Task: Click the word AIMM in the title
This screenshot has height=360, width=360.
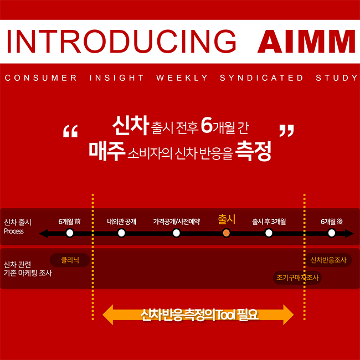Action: (x=306, y=42)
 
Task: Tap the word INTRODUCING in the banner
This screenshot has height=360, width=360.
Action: (x=122, y=42)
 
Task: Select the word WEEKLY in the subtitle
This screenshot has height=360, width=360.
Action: (x=182, y=78)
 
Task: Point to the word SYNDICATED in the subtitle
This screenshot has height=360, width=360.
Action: (x=261, y=78)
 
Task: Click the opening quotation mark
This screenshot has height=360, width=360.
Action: (x=70, y=131)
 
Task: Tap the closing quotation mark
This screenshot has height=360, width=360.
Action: (x=286, y=131)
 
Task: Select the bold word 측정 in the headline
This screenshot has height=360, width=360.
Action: (x=254, y=151)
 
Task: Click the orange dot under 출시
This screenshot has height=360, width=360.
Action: (x=226, y=233)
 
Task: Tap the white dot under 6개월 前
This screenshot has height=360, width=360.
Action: (x=70, y=233)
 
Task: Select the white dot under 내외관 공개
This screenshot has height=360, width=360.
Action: (x=121, y=233)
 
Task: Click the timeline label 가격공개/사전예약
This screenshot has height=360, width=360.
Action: (x=176, y=222)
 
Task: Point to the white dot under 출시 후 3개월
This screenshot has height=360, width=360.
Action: (x=269, y=233)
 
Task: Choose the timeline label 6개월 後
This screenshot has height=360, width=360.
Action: (x=332, y=222)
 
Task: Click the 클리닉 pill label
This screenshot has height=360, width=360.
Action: (x=70, y=260)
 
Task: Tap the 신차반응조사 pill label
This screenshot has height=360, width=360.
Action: (x=328, y=260)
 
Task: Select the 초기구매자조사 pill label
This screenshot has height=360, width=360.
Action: (x=297, y=278)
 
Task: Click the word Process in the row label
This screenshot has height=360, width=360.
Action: (x=14, y=231)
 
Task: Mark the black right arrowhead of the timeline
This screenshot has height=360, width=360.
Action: (x=349, y=234)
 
